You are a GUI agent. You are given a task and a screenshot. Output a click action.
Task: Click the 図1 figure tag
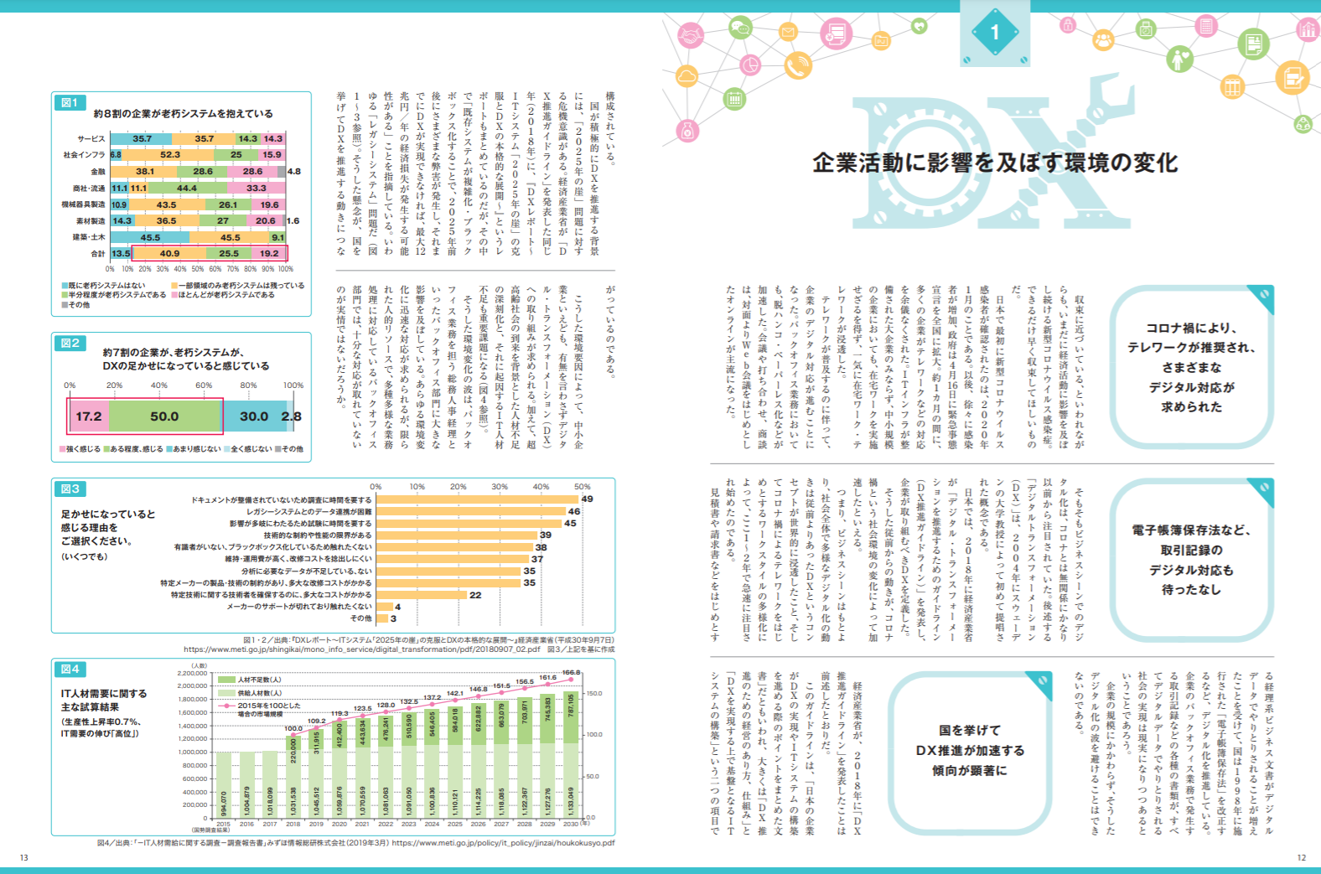pyautogui.click(x=69, y=102)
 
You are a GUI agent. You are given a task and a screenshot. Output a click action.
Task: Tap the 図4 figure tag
pyautogui.click(x=70, y=669)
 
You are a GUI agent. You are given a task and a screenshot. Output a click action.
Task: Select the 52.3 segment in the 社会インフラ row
pyautogui.click(x=170, y=155)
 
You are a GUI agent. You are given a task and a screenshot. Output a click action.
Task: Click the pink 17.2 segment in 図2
pyautogui.click(x=89, y=416)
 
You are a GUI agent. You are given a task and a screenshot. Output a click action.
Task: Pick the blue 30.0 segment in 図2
pyautogui.click(x=254, y=416)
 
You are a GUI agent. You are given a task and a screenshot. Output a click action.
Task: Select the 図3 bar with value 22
pyautogui.click(x=422, y=595)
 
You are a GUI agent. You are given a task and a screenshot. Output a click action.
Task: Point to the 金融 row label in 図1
pyautogui.click(x=98, y=172)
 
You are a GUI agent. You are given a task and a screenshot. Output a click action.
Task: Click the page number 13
pyautogui.click(x=24, y=857)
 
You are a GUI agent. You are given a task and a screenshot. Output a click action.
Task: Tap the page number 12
pyautogui.click(x=1301, y=857)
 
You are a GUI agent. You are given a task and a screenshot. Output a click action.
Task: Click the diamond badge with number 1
pyautogui.click(x=995, y=33)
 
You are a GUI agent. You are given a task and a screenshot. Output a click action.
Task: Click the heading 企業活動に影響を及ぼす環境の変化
pyautogui.click(x=995, y=163)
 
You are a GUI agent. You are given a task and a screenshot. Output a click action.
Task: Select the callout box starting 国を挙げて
pyautogui.click(x=970, y=751)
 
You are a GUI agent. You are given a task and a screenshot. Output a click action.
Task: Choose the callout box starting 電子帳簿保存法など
pyautogui.click(x=1191, y=560)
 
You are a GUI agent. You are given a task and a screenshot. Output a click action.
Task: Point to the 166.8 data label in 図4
pyautogui.click(x=571, y=672)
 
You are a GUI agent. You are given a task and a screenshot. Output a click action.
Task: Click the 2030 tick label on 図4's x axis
pyautogui.click(x=570, y=824)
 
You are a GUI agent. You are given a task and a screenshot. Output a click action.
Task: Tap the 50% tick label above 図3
pyautogui.click(x=582, y=487)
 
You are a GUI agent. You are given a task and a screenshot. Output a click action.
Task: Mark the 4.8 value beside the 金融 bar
pyautogui.click(x=293, y=172)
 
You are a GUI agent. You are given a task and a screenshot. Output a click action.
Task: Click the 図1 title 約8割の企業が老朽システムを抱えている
pyautogui.click(x=183, y=114)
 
